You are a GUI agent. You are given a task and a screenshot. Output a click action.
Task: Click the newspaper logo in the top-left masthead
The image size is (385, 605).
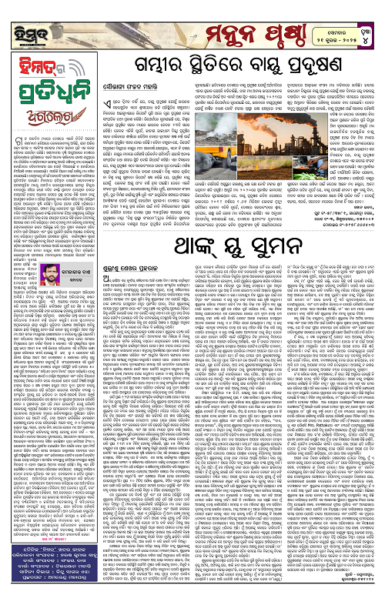[x=23, y=18]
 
